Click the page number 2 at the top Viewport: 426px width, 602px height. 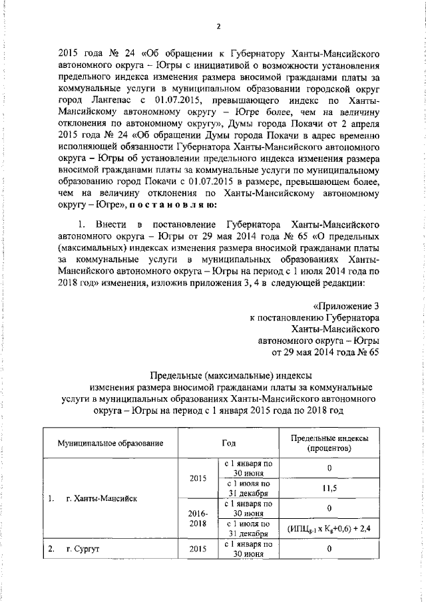click(218, 26)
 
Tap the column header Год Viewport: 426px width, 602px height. click(229, 443)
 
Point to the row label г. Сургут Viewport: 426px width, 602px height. click(83, 550)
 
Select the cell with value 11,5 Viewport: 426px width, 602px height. click(329, 488)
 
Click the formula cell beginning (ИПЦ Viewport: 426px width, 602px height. click(329, 528)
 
